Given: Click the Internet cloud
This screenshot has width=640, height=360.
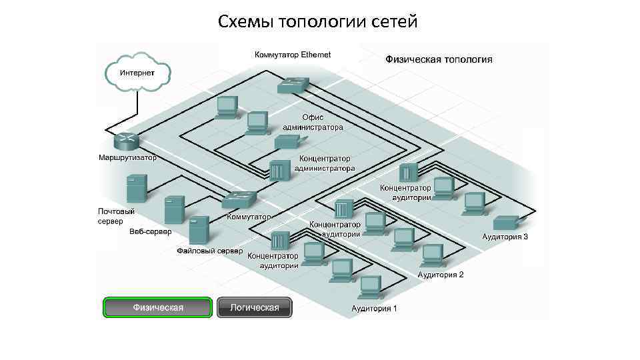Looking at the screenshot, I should [x=137, y=72].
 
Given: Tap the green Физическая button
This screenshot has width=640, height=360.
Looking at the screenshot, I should [x=157, y=307].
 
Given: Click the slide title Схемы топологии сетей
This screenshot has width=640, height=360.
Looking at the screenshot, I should [x=317, y=22].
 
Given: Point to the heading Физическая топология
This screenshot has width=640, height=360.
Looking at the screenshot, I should [x=439, y=59].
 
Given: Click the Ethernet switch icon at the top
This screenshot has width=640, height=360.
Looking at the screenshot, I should [x=293, y=85].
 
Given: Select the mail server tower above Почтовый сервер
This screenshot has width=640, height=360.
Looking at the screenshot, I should [x=136, y=189].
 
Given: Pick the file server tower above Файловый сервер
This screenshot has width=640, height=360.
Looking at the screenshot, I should [x=199, y=231].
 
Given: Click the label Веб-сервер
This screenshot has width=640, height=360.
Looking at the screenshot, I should [x=150, y=232].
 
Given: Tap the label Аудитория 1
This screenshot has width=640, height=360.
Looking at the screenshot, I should [x=374, y=309].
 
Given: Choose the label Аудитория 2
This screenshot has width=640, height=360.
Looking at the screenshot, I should [x=440, y=274].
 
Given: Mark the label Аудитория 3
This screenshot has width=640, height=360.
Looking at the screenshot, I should [x=505, y=237].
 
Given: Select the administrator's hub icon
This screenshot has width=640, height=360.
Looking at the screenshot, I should [x=277, y=171].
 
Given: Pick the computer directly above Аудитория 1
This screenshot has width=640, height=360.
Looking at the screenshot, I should [x=369, y=287].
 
